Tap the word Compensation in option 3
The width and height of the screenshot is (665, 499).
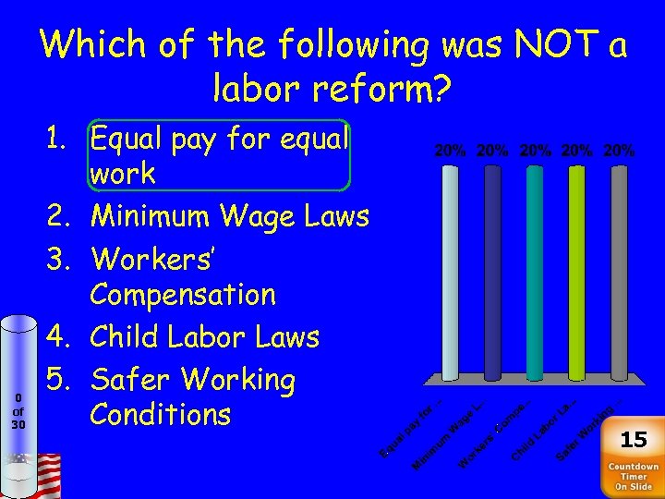[183, 296]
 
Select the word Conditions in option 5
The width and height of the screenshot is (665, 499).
[160, 415]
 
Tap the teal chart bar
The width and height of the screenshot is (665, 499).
[534, 273]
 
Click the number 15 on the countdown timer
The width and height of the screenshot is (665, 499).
[634, 438]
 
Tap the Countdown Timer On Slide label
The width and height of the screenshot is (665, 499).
[634, 476]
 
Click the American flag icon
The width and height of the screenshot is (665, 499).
[43, 473]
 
